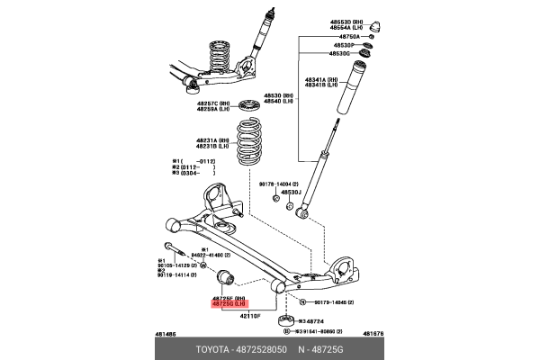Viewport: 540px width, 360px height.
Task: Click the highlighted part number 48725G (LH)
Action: coord(230,304)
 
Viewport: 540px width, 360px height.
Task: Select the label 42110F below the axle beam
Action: coord(224,317)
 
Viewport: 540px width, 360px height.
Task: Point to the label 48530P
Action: coord(345,44)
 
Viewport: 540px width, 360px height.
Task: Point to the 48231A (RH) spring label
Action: coord(214,140)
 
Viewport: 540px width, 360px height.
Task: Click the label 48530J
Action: coord(290,192)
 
